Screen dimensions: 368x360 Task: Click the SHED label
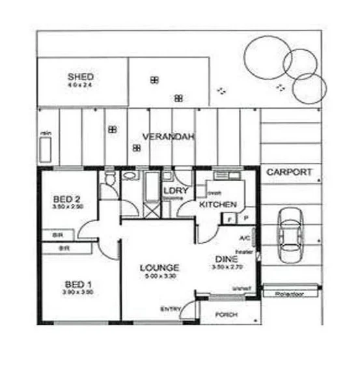click(81, 76)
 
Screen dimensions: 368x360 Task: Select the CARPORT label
click(289, 173)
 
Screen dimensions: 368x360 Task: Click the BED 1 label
click(77, 284)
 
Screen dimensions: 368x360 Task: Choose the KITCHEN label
click(217, 205)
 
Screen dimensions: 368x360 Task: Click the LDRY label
click(175, 191)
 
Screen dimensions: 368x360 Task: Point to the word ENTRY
click(170, 309)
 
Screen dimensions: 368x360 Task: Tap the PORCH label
click(227, 315)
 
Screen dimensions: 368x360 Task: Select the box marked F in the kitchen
click(230, 219)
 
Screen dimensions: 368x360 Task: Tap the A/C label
click(245, 238)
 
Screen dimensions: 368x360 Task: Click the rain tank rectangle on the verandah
click(46, 149)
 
